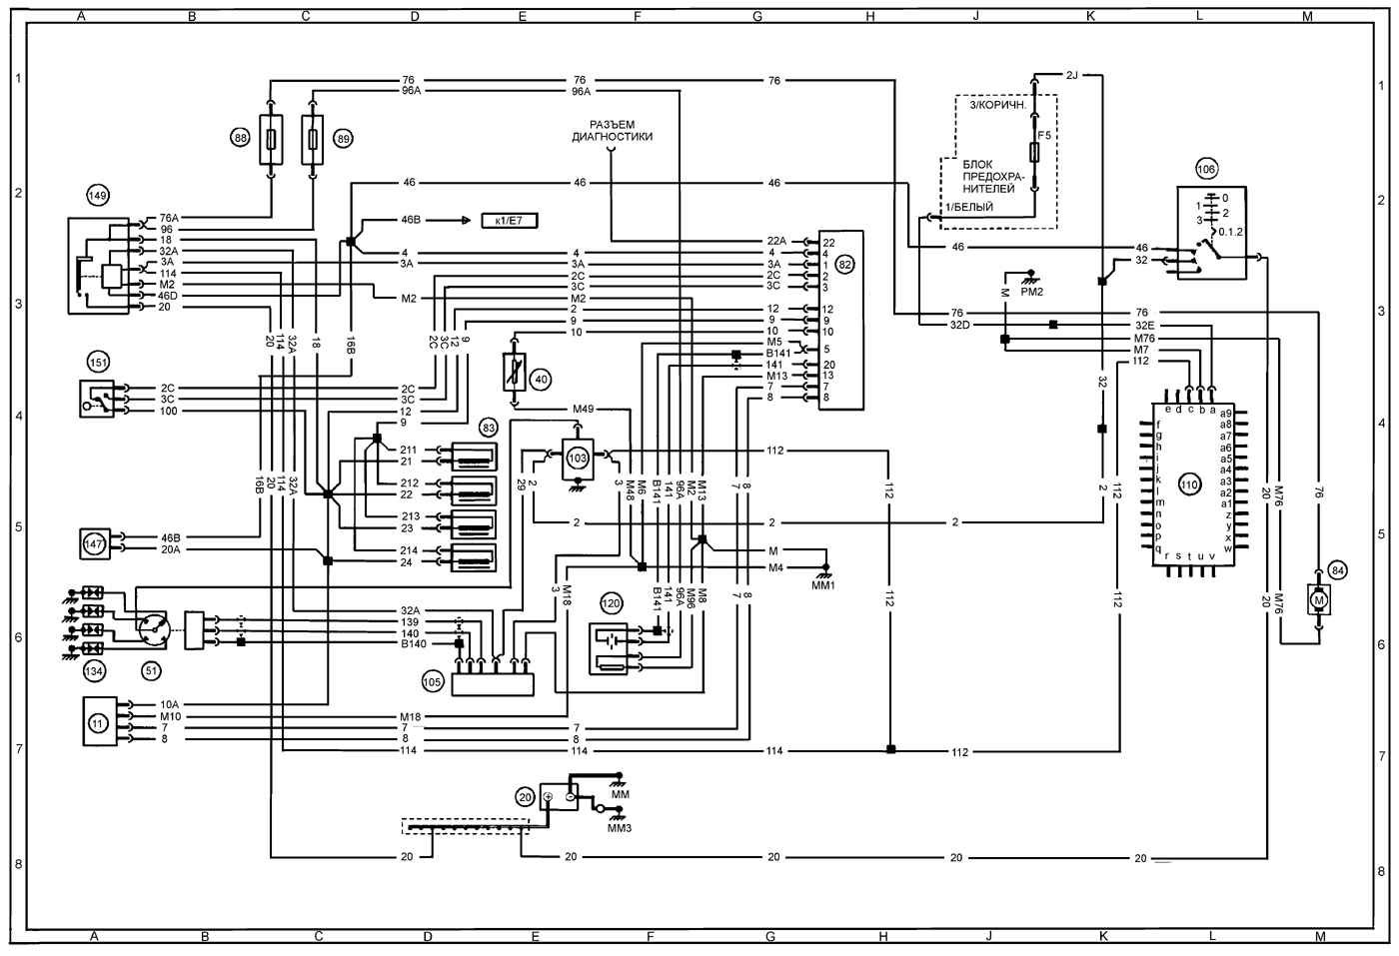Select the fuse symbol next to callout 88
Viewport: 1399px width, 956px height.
tap(272, 137)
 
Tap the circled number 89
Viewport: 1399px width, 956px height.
tap(343, 138)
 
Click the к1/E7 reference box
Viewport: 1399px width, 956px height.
tap(508, 219)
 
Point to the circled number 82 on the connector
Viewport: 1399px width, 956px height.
tap(845, 265)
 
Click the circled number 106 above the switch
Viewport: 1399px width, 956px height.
tap(1206, 169)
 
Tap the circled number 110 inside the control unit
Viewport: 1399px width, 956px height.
tap(1188, 484)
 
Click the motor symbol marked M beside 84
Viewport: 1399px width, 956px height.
tap(1318, 600)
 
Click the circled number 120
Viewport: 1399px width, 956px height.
tap(611, 603)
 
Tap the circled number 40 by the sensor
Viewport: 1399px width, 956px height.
tap(541, 380)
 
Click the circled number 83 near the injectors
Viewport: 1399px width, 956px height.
tap(489, 428)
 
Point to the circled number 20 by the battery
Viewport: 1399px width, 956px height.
tap(526, 797)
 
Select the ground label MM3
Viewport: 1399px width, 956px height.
tap(620, 828)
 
